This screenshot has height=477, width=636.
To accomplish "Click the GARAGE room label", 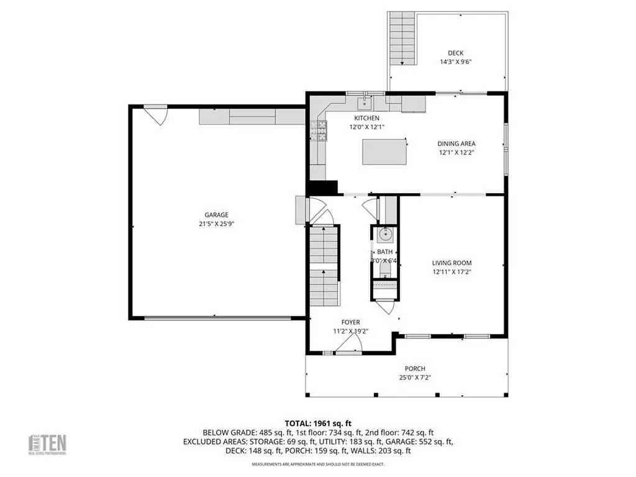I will pos(217,214).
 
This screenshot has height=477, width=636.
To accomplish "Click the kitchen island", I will pos(385,152).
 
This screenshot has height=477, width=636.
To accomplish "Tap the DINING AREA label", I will pos(457,143).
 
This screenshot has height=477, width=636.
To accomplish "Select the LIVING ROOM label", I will pos(457,262).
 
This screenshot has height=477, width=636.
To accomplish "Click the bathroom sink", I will pos(384,235).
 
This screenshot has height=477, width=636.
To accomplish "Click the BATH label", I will pos(384,252).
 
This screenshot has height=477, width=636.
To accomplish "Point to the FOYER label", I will pos(350,322).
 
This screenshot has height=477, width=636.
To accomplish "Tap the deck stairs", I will pos(402,39).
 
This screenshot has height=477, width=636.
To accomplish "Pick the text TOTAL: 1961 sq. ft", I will pos(318,422).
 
